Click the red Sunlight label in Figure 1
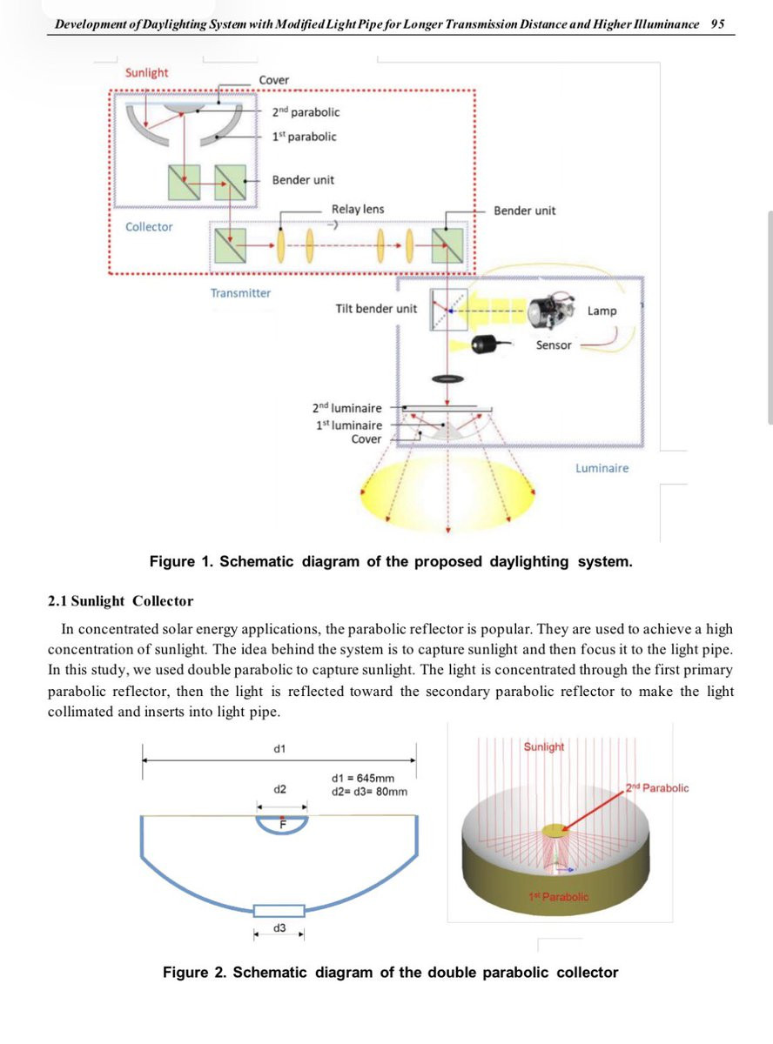[x=146, y=72]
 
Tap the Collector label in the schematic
[x=149, y=227]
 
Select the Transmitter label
[x=240, y=293]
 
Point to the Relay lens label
[x=357, y=210]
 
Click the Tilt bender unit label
[x=376, y=309]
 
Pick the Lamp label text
[x=602, y=311]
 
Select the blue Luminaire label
[x=602, y=468]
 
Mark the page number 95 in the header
[x=717, y=24]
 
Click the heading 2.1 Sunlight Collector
[x=120, y=601]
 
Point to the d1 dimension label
[x=280, y=747]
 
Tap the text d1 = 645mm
[x=363, y=778]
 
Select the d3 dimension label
[x=279, y=928]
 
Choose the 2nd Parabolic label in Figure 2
[x=657, y=788]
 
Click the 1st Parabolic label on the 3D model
[x=558, y=896]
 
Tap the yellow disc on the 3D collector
[x=554, y=831]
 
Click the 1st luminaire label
[x=348, y=425]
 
